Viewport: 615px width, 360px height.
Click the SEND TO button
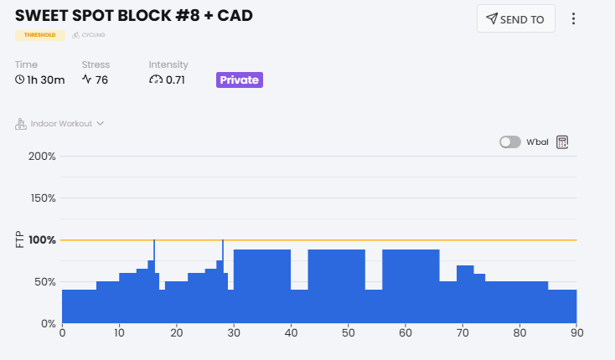(x=515, y=19)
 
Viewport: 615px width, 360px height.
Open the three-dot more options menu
(x=574, y=19)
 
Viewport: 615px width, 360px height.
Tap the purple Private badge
(x=240, y=80)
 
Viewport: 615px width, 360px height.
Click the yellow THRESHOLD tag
(x=40, y=35)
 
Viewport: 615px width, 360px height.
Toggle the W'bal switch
(x=510, y=142)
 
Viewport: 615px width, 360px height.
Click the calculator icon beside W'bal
(x=562, y=142)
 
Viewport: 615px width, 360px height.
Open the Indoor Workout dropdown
(x=60, y=124)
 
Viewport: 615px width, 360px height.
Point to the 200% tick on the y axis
(x=42, y=157)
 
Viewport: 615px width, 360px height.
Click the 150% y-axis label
(x=42, y=198)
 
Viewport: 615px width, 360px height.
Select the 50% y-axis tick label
(x=44, y=282)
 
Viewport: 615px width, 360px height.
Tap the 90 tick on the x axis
(x=576, y=333)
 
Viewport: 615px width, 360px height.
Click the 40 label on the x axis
(x=291, y=333)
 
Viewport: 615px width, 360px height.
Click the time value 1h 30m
(x=39, y=80)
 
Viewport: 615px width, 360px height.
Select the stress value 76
(x=101, y=80)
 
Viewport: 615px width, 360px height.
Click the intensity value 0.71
(x=175, y=80)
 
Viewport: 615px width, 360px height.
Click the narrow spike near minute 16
(x=154, y=251)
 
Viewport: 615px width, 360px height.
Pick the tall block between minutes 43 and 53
(x=337, y=285)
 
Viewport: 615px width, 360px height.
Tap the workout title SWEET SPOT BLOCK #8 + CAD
(x=134, y=16)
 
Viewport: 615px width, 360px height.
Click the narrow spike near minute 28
(x=223, y=251)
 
